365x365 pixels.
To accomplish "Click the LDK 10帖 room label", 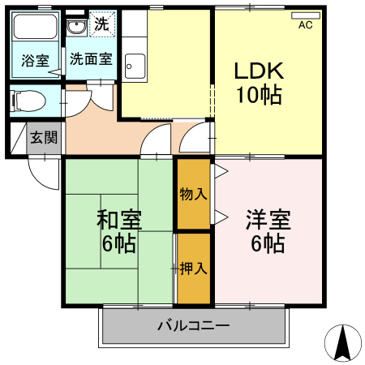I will [258, 84].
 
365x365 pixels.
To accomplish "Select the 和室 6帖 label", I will [119, 230].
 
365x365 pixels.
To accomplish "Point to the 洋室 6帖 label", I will [267, 230].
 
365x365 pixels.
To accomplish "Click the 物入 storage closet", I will [194, 194].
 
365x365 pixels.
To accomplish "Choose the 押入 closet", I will [194, 268].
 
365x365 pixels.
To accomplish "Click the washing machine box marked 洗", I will [101, 24].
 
